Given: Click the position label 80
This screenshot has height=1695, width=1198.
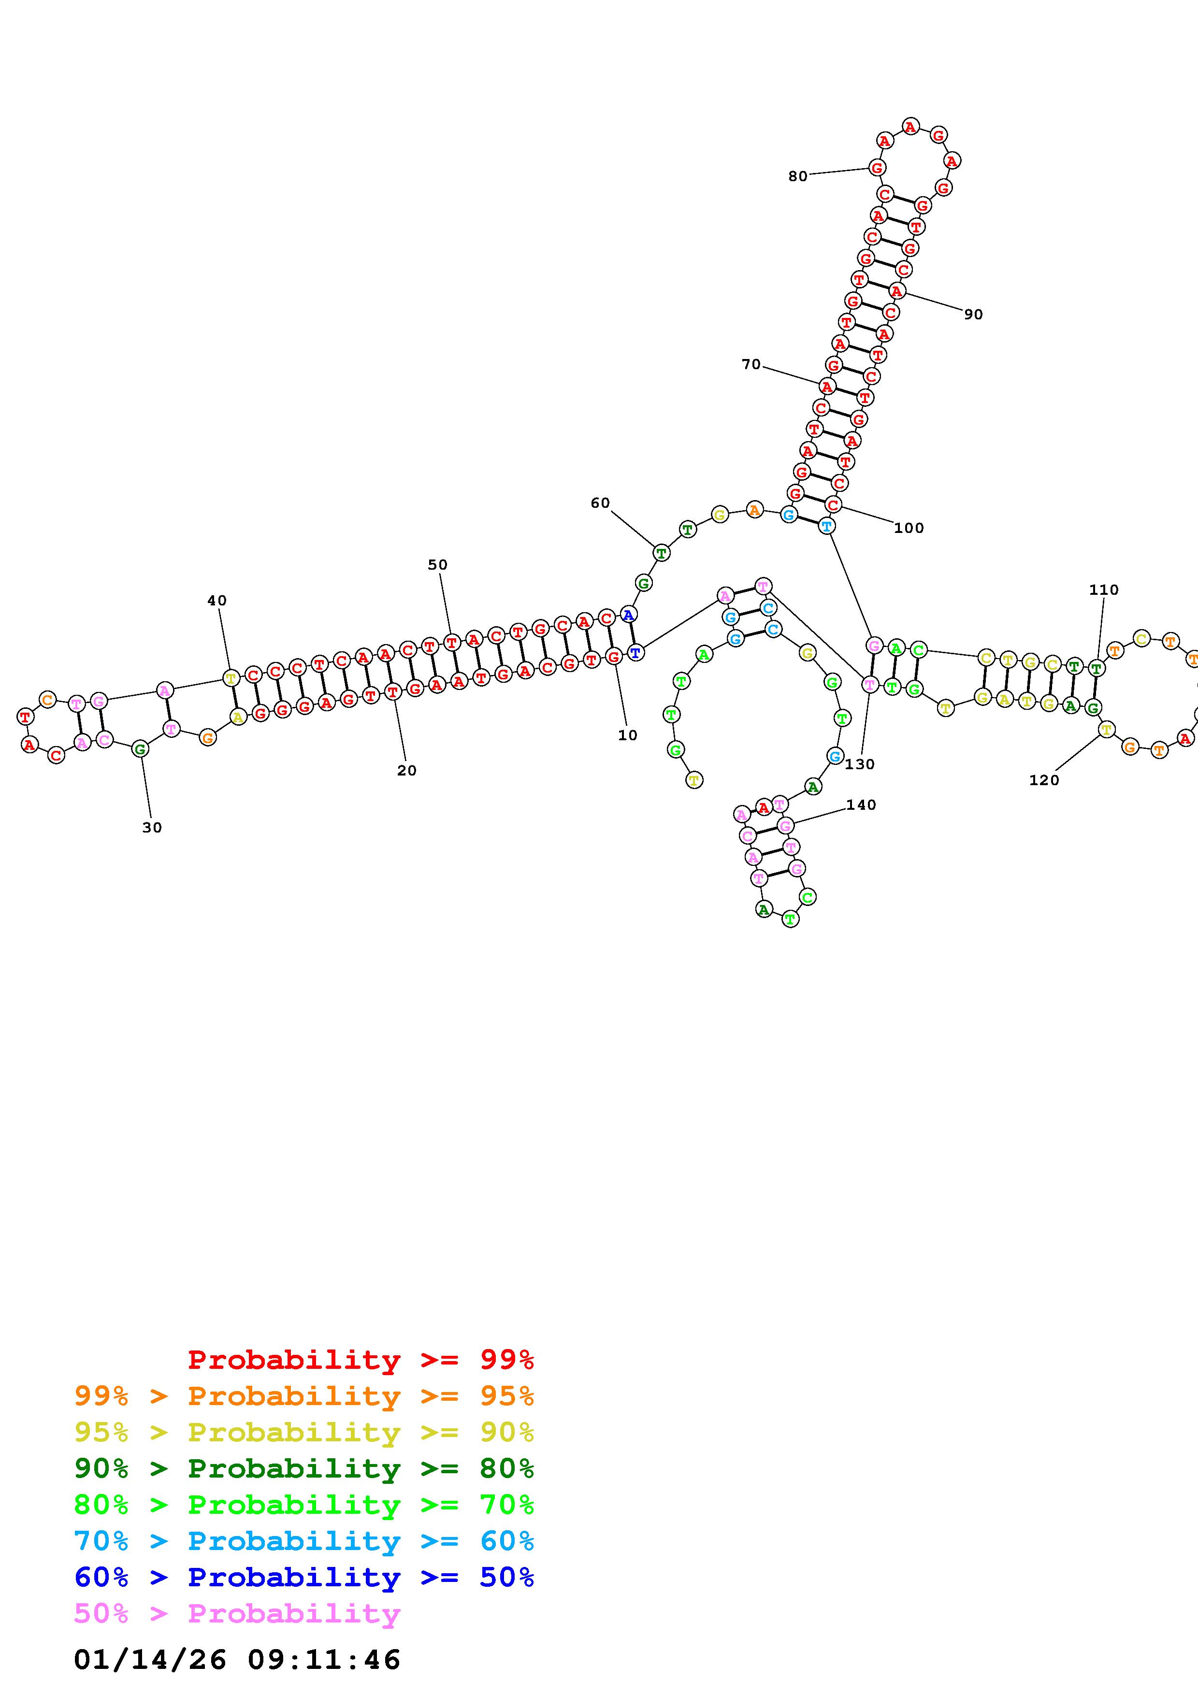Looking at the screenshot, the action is pyautogui.click(x=798, y=176).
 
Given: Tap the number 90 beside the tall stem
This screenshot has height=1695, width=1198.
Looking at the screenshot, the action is pyautogui.click(x=974, y=315).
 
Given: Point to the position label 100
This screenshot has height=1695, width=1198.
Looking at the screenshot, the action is pyautogui.click(x=909, y=528).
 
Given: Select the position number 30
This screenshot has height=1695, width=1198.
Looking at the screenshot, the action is pyautogui.click(x=152, y=828).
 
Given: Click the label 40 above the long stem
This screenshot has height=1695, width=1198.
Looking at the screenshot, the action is pyautogui.click(x=217, y=601).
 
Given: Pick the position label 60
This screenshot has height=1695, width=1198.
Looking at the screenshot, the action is pyautogui.click(x=600, y=503).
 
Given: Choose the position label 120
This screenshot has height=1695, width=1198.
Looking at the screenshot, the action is pyautogui.click(x=1044, y=780).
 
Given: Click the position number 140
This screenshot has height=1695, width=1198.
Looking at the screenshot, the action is pyautogui.click(x=861, y=804).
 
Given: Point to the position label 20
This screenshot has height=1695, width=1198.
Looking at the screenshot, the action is pyautogui.click(x=407, y=771).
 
